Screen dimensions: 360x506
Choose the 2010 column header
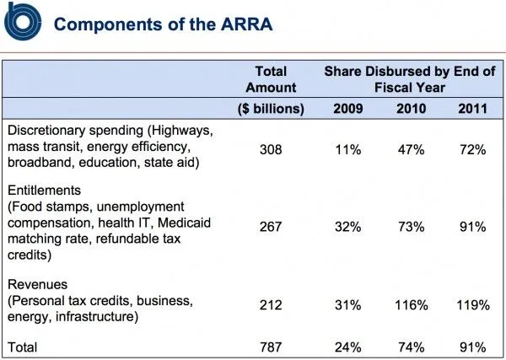tap(409, 109)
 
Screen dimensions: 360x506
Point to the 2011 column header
tap(471, 109)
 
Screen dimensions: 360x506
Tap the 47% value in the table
tap(409, 149)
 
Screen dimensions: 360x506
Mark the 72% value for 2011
tap(471, 149)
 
